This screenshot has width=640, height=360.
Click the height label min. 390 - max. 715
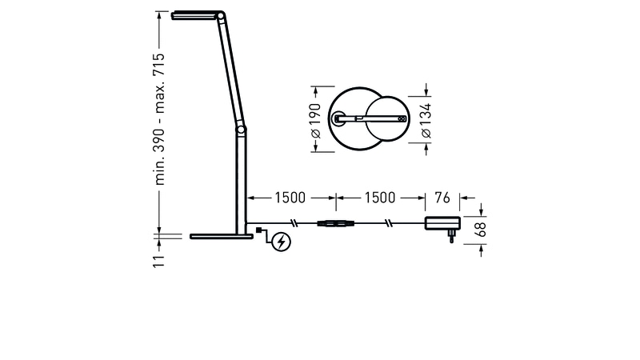159,118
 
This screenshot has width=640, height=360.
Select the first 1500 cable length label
290,198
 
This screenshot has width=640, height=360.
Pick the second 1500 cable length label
379,198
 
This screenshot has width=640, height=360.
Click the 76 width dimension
442,198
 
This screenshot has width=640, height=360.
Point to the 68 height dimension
481,230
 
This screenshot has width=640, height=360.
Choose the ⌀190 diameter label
315,121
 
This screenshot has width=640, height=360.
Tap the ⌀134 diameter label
426,121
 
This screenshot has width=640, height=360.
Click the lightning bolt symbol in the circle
282,242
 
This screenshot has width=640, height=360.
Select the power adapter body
443,223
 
